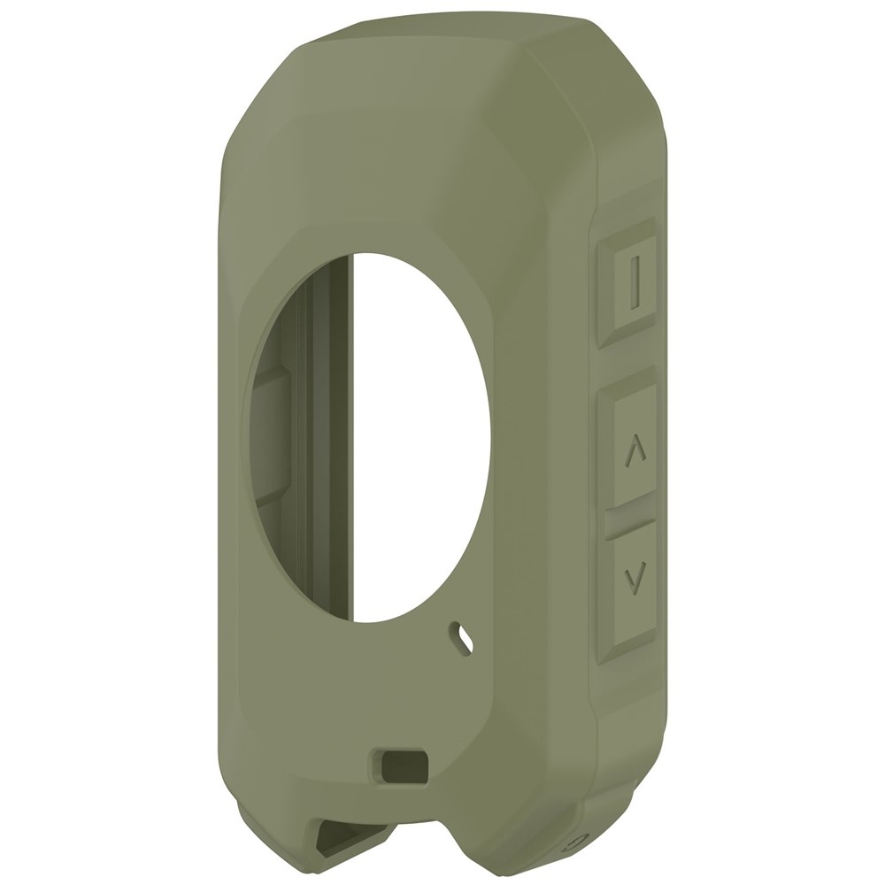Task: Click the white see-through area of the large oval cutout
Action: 416,434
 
